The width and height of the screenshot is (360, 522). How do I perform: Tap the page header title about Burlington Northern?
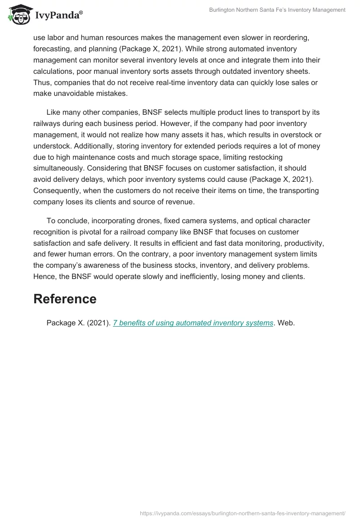click(x=277, y=10)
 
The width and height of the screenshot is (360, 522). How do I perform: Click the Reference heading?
click(x=65, y=299)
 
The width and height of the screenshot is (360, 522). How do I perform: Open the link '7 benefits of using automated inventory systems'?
click(x=193, y=323)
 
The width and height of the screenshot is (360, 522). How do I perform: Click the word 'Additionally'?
click(x=57, y=146)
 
